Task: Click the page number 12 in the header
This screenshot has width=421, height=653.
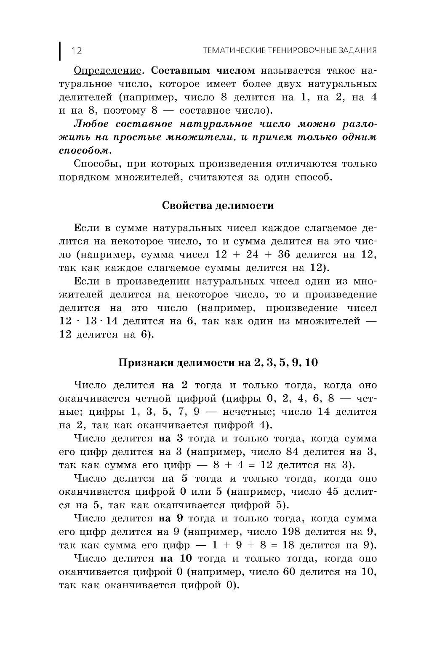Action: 77,51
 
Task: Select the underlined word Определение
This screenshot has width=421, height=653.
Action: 107,70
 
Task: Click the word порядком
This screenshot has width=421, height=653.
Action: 84,177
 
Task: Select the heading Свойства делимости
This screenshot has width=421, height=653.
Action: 218,206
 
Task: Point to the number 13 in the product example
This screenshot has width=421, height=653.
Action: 91,321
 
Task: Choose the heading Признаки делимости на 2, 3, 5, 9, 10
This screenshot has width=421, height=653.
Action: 218,363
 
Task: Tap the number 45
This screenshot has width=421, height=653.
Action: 332,492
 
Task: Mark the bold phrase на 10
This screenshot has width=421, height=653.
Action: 176,558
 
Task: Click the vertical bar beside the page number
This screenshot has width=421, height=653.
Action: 60,50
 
